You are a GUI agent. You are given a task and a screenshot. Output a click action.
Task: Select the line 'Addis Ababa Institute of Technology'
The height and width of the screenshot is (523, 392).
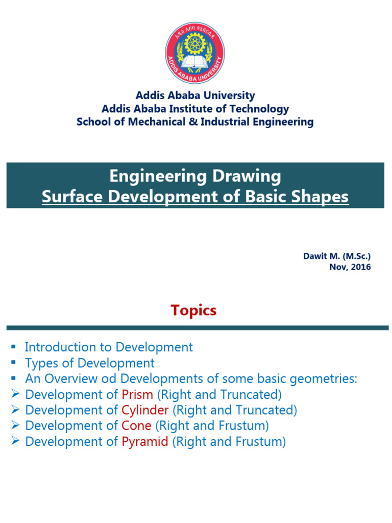(195, 109)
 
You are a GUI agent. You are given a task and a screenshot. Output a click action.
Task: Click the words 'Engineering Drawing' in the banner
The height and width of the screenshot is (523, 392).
(195, 176)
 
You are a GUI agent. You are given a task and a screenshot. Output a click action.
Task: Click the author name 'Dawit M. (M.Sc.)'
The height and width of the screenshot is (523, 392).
(337, 256)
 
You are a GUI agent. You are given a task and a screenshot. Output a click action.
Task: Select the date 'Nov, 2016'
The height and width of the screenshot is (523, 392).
(350, 267)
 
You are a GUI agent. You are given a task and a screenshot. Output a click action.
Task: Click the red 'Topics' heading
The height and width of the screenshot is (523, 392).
(193, 310)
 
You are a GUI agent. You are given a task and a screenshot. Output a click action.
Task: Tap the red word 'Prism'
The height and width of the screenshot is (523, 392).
(137, 395)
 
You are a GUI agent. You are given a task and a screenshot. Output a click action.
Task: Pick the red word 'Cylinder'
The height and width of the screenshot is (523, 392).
(145, 410)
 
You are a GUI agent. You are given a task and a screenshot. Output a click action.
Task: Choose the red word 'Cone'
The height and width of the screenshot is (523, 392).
(136, 426)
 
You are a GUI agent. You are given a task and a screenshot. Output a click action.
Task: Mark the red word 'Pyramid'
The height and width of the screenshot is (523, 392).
(145, 442)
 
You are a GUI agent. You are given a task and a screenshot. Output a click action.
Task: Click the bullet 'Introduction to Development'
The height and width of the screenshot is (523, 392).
(109, 347)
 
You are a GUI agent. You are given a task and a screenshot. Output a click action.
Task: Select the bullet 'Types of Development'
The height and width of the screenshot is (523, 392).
(89, 363)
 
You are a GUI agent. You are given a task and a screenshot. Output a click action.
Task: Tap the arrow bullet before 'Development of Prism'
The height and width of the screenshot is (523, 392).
(14, 395)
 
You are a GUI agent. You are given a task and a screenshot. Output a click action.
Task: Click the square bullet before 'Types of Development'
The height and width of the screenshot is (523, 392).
(14, 363)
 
